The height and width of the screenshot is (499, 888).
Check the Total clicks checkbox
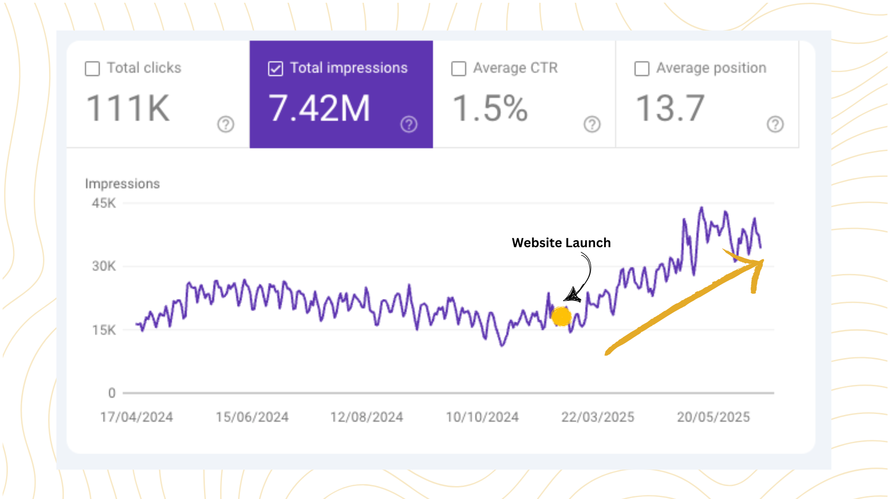coord(92,69)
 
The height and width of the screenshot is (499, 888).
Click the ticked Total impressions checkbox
coord(275,69)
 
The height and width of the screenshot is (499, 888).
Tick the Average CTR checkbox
coord(458,69)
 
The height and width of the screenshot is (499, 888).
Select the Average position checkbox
coord(641,69)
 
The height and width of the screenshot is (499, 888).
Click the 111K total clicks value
coord(128,109)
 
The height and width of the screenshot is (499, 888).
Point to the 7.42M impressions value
coord(319,109)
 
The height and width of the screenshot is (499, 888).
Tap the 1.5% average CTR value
coord(490,109)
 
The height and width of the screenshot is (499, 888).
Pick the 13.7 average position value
coord(670,109)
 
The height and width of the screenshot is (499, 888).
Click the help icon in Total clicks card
coord(226,124)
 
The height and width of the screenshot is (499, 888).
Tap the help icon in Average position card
coord(775,124)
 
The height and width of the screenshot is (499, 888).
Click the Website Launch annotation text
coord(561,243)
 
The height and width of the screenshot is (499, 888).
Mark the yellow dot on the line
coord(561,316)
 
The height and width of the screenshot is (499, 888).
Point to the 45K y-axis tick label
coord(104,203)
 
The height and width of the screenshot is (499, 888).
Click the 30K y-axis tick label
coord(104,266)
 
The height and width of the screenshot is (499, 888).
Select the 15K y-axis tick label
coord(104,330)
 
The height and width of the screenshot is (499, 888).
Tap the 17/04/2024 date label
coord(136,417)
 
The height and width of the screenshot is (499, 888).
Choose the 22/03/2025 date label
coord(598,417)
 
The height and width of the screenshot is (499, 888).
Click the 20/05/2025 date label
coord(713,417)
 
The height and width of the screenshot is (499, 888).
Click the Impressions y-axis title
coord(123,184)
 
